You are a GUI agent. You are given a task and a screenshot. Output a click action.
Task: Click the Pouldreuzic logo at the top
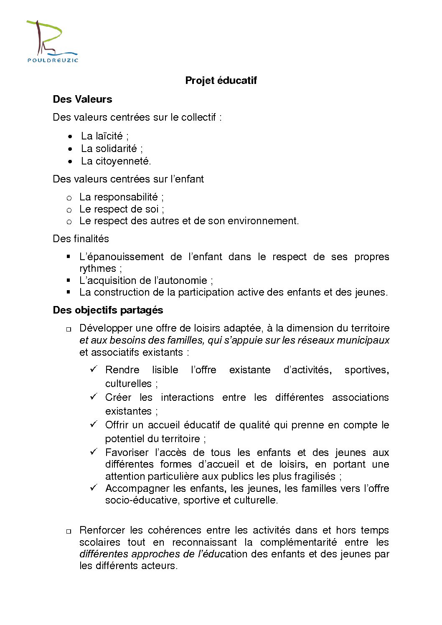pos(52,41)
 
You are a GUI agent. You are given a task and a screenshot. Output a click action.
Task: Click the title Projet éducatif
pos(221,81)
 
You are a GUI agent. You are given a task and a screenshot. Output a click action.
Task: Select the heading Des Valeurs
pos(82,99)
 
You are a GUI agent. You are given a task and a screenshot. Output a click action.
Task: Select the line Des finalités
pos(81,239)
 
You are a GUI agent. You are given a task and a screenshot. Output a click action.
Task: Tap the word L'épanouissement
pos(122,257)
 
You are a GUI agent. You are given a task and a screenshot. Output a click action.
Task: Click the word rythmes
pos(98,268)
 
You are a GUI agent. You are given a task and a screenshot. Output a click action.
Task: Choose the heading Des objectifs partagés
pos(108,310)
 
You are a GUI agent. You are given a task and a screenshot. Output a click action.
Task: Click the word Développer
pos(107,328)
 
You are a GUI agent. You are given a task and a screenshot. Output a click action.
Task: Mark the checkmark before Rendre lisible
pos(94,369)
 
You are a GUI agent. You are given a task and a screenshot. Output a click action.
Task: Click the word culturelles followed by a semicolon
pos(129,383)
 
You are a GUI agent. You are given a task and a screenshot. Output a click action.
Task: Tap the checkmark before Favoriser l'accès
pos(94,452)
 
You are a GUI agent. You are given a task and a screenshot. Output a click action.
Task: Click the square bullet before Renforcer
pos(69,531)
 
